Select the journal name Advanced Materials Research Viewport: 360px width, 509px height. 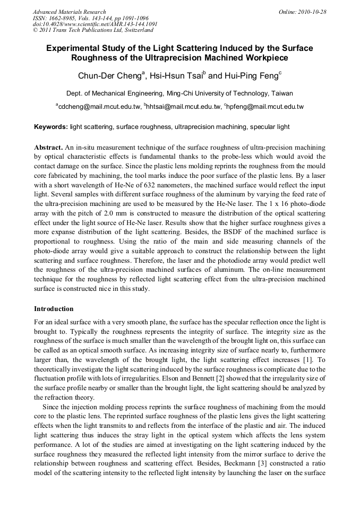[69, 12]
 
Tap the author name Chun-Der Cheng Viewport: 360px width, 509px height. [108, 76]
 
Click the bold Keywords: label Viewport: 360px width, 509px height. [50, 127]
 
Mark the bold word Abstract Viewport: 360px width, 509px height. [48, 147]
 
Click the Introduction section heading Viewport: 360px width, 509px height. [54, 308]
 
